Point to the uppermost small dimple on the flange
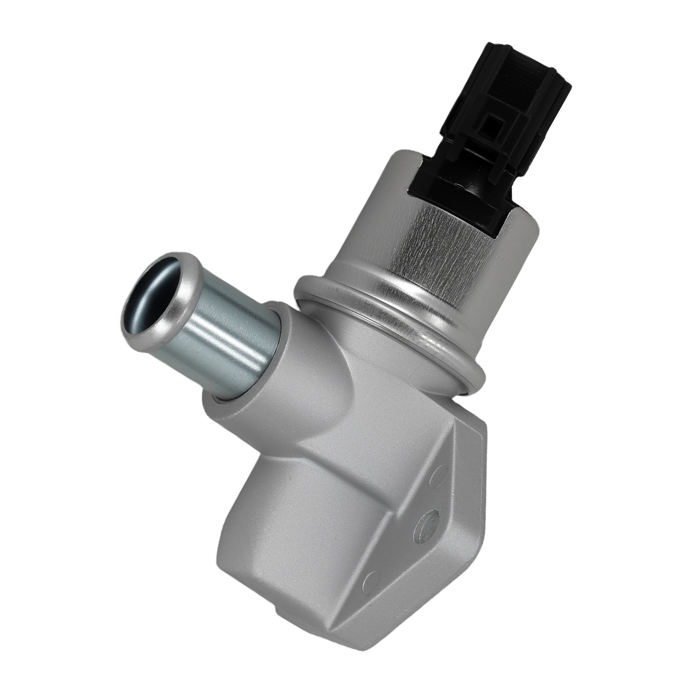click(439, 476)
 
